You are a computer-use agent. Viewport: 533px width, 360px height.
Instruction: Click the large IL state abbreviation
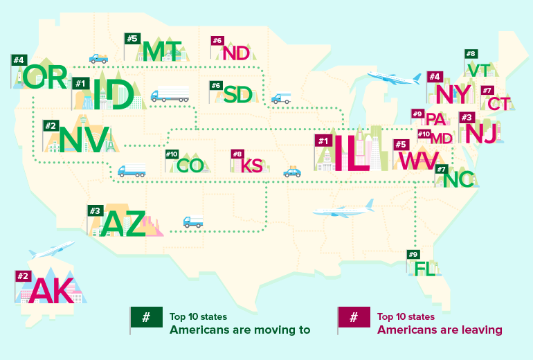(352, 154)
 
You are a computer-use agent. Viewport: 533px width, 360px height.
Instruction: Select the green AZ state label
(125, 224)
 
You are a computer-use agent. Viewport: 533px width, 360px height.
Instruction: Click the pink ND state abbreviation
(236, 53)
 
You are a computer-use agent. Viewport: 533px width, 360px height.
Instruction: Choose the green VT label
(480, 71)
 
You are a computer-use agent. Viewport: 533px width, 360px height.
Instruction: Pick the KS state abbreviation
(253, 166)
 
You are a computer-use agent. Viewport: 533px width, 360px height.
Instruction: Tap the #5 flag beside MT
(132, 38)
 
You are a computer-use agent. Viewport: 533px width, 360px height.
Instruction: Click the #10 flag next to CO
(172, 154)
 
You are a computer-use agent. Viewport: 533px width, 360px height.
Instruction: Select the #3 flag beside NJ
(466, 118)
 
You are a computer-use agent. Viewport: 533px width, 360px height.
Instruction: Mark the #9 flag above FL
(413, 254)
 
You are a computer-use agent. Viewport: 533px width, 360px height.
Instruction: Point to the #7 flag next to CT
(487, 91)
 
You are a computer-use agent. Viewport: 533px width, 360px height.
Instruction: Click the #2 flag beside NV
(50, 126)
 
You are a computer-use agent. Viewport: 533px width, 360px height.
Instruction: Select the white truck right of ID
(170, 94)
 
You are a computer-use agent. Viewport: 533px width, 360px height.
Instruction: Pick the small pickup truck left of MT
(98, 58)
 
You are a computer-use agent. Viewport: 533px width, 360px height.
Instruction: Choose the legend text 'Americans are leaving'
(439, 330)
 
